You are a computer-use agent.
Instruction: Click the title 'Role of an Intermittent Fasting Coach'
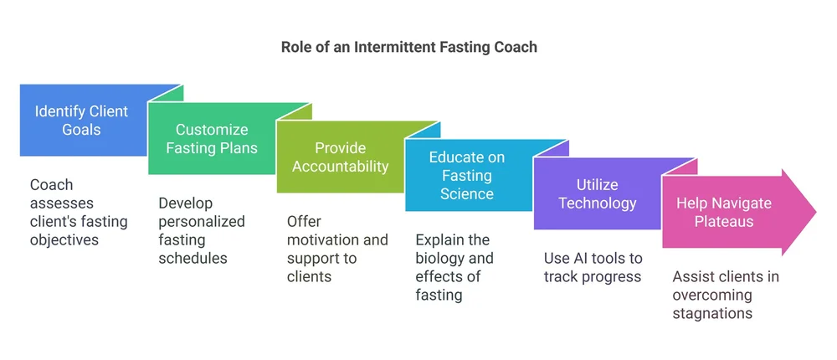(409, 47)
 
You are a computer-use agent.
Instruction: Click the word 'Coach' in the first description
(52, 185)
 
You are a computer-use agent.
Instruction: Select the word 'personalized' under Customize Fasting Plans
(202, 222)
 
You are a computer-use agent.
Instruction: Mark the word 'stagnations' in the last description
(712, 314)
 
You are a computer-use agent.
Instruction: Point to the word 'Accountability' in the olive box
(340, 166)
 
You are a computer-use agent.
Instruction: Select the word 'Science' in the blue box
(467, 193)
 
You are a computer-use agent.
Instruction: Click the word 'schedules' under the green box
(193, 258)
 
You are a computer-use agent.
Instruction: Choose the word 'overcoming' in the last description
(712, 296)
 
